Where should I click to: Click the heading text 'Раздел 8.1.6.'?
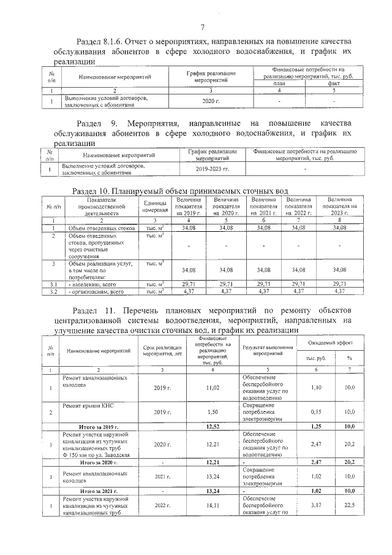pos(98,42)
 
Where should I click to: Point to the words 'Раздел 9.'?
pos(94,122)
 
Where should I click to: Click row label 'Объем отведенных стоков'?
pos(97,228)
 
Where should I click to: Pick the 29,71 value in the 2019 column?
pos(184,283)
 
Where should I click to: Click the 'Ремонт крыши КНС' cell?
pos(88,406)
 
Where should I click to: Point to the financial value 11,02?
pos(213,388)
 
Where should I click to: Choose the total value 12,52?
pos(213,426)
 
